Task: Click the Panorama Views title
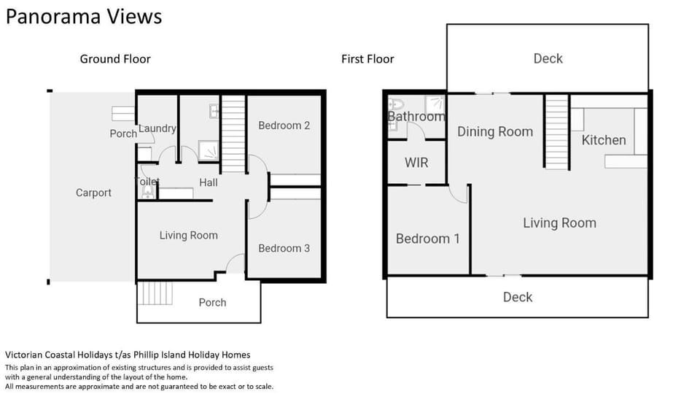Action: coord(83,17)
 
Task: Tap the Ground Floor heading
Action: coord(115,59)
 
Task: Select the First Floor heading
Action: coord(367,59)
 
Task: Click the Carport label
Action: coord(93,193)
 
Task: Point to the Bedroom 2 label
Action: coord(284,125)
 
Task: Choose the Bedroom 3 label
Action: coord(284,248)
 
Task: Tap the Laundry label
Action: coord(157,128)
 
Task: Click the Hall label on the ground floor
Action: coord(209,182)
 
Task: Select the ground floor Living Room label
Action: coord(189,236)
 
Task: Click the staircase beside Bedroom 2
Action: coord(233,134)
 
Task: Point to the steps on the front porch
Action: coord(155,293)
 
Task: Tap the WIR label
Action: coord(416,163)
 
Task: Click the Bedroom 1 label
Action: coord(428,239)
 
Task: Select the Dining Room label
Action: coord(495,132)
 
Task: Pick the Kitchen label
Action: coord(604,140)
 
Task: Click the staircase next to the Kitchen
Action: coord(556,132)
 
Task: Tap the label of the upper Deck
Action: coord(548,58)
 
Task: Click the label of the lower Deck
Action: coord(518,297)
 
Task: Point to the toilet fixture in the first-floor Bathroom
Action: coord(396,104)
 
